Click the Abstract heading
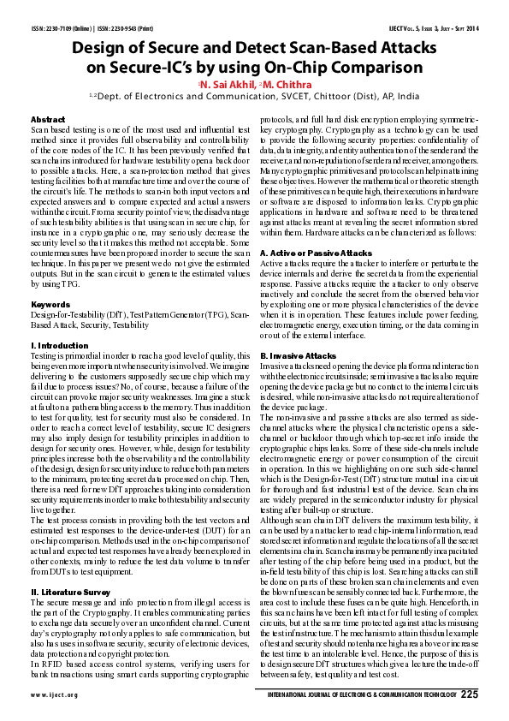pos(48,119)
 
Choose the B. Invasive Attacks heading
pos(299,354)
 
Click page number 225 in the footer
pos(469,694)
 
